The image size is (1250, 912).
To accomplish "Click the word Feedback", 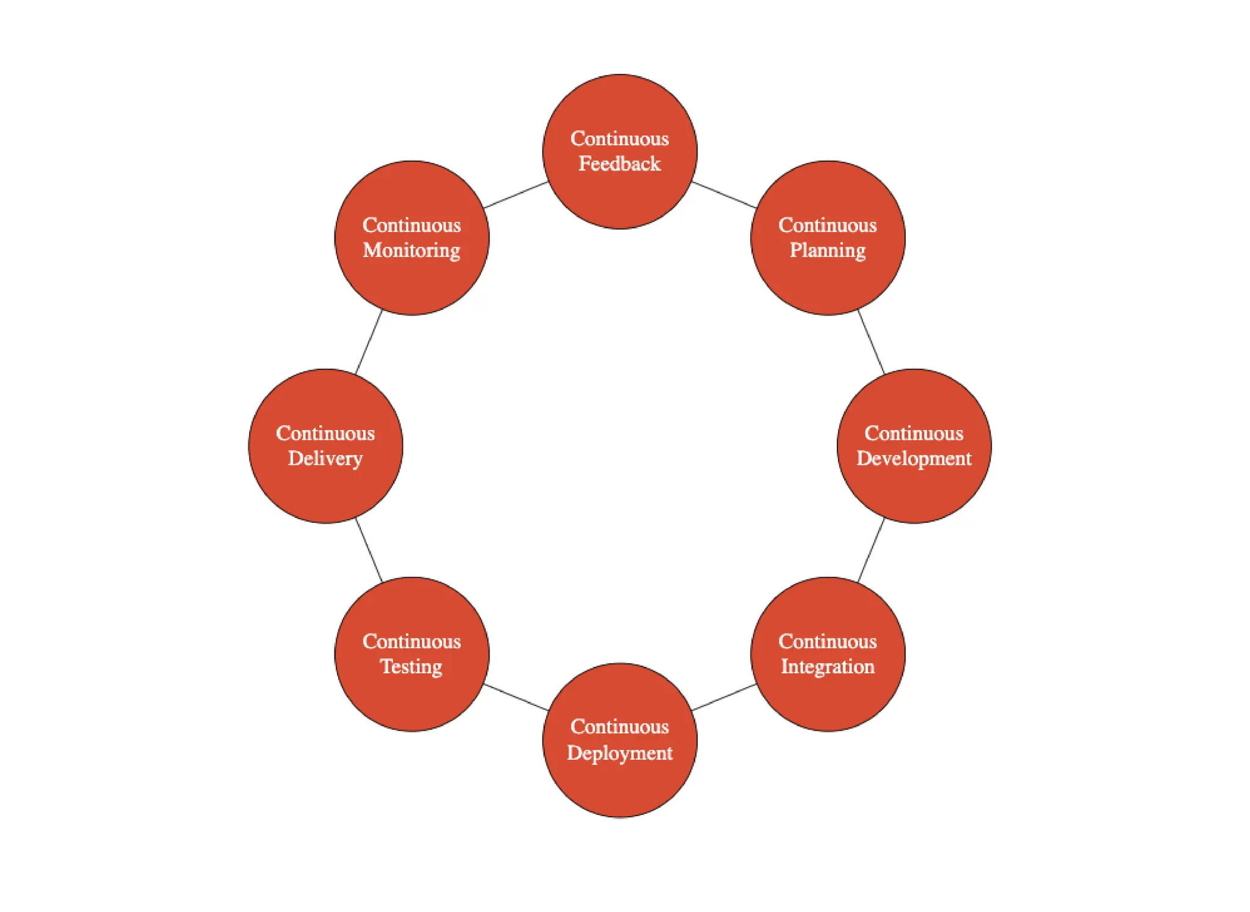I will point(620,164).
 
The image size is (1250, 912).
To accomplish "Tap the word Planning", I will point(828,250).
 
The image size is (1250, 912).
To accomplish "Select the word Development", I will point(914,458).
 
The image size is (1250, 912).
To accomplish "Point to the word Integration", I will point(828,666).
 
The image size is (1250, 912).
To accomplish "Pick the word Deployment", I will point(620,753).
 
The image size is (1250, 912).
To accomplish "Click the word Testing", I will point(411,666).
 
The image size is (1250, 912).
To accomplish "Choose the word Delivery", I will point(325,458).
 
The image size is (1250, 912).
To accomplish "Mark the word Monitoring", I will point(412,250).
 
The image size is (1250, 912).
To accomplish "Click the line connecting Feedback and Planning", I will point(724,195).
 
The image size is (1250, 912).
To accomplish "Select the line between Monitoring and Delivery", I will point(369,342).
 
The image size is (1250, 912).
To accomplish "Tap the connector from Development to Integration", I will point(871,550).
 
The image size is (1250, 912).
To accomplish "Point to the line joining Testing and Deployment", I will point(516,697).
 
